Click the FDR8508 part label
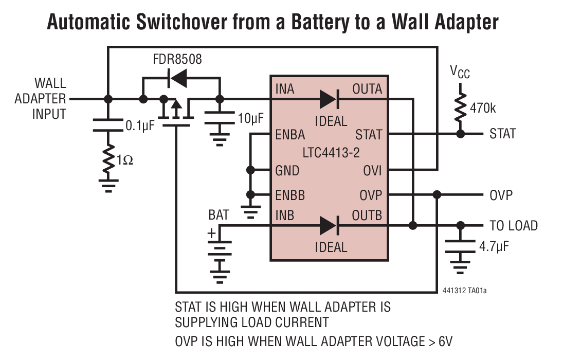pyautogui.click(x=177, y=59)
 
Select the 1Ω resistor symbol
pyautogui.click(x=108, y=160)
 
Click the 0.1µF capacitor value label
pyautogui.click(x=140, y=126)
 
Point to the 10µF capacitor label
pyautogui.click(x=251, y=119)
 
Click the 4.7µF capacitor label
pyautogui.click(x=494, y=246)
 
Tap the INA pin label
pyautogui.click(x=285, y=89)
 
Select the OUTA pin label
pyautogui.click(x=367, y=89)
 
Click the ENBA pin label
pyautogui.click(x=290, y=135)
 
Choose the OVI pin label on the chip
pyautogui.click(x=373, y=170)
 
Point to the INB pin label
pyautogui.click(x=285, y=215)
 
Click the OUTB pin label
pyautogui.click(x=367, y=215)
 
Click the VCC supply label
pyautogui.click(x=460, y=73)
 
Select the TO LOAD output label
pyautogui.click(x=513, y=226)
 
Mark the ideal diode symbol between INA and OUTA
pyautogui.click(x=329, y=99)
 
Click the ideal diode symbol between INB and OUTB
pyautogui.click(x=329, y=225)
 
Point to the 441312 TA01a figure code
pyautogui.click(x=464, y=291)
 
